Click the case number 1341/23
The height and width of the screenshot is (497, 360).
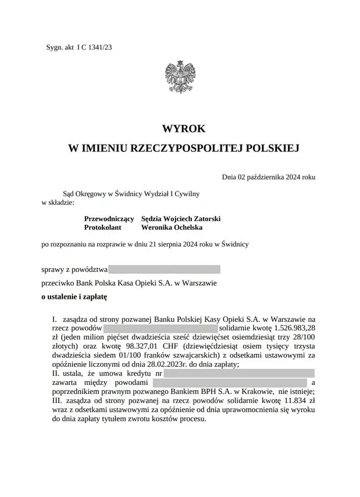101,47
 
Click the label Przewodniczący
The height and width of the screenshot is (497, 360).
109,218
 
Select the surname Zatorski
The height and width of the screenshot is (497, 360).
205,218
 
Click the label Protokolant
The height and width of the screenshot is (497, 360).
103,227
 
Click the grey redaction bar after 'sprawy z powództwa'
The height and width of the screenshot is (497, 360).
164,270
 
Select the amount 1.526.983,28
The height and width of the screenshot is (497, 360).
294,327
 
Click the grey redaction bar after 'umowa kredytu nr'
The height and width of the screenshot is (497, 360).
240,373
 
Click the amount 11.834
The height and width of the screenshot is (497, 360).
290,401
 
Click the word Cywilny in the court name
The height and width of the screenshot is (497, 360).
186,194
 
